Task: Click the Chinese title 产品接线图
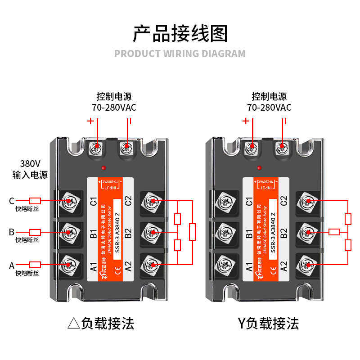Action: (x=180, y=34)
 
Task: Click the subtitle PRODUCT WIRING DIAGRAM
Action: (x=180, y=54)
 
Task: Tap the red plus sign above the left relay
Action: (x=90, y=121)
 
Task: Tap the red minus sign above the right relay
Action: (x=285, y=121)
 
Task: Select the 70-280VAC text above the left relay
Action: (x=114, y=108)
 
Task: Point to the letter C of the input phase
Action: (x=12, y=201)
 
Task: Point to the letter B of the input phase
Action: (x=12, y=232)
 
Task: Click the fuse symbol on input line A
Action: (x=35, y=265)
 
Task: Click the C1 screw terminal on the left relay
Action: (x=69, y=201)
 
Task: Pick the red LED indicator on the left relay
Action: (x=104, y=168)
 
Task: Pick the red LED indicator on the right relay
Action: (x=260, y=168)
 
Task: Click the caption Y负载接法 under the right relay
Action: (x=268, y=323)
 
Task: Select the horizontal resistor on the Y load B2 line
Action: (x=334, y=232)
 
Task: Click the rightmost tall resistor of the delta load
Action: (x=193, y=232)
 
